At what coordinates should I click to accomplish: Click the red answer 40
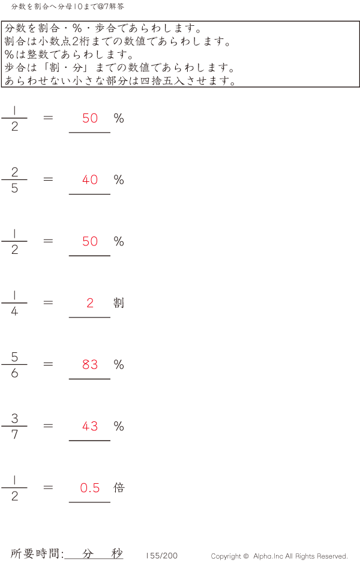tap(90, 179)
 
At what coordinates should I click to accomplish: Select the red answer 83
tap(90, 364)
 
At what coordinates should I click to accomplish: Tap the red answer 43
tap(90, 426)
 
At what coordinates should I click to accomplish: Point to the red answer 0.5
tap(90, 487)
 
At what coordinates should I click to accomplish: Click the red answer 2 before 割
tap(90, 303)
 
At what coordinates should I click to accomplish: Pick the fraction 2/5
tap(14, 180)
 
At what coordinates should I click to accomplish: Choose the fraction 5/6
tap(14, 365)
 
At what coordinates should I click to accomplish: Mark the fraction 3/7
tap(14, 426)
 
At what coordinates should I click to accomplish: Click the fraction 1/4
tap(14, 303)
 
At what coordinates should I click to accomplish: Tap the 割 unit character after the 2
tap(119, 303)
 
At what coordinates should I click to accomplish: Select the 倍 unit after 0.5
tap(119, 487)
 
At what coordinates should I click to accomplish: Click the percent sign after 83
tap(119, 365)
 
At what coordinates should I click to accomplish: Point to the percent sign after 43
tap(119, 426)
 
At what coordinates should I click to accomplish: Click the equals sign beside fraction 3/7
tap(48, 426)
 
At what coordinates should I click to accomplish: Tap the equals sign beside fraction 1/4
tap(48, 303)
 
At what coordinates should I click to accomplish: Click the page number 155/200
tap(162, 555)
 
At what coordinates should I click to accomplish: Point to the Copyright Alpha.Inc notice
tap(279, 556)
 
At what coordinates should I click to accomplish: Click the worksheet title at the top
tap(67, 6)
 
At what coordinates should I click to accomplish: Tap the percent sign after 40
tap(119, 179)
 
